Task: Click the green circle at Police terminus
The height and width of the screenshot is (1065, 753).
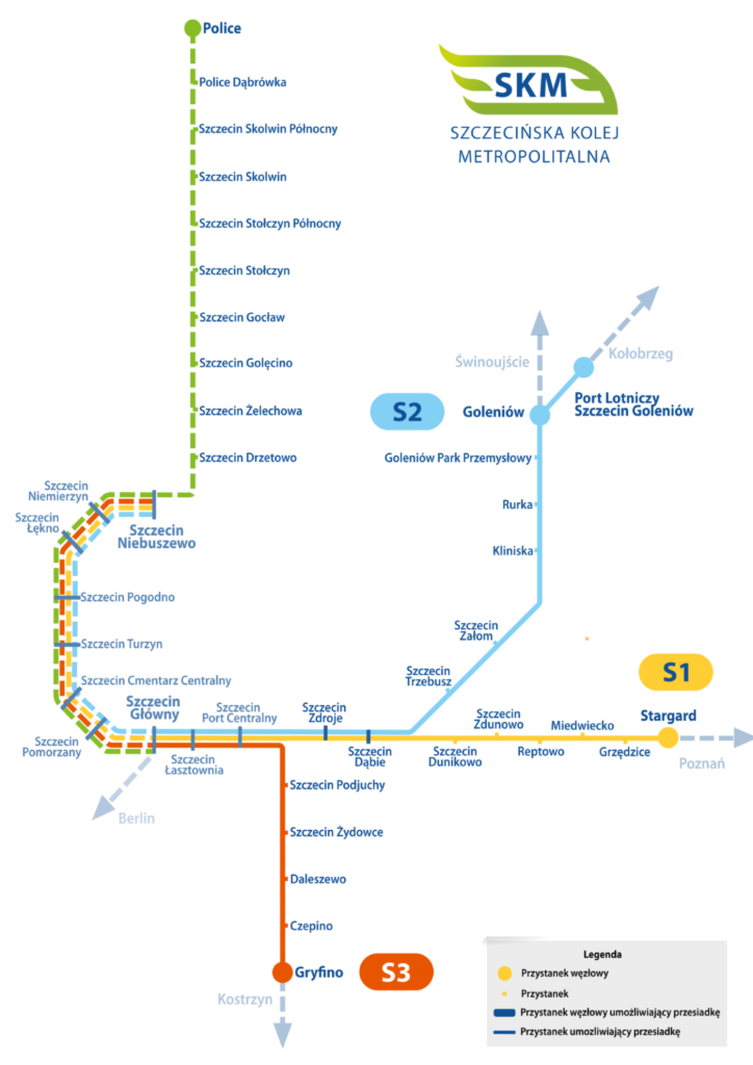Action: tap(193, 28)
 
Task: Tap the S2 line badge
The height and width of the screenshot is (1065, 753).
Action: tap(407, 412)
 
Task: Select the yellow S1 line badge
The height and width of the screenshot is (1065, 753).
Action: tap(676, 672)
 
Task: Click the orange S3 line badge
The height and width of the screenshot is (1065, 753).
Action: tap(396, 972)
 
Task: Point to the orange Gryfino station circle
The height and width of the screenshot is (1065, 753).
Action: tap(282, 972)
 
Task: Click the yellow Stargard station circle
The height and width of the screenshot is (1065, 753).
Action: tap(668, 737)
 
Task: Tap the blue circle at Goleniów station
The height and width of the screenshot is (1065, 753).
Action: tap(539, 415)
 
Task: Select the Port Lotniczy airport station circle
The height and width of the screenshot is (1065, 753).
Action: tap(584, 367)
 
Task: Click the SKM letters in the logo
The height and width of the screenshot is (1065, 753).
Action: tap(530, 86)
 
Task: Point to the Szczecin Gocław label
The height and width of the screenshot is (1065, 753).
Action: tap(242, 317)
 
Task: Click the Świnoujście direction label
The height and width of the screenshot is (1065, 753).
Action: tap(492, 361)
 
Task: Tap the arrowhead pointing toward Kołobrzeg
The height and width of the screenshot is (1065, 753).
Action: tap(648, 297)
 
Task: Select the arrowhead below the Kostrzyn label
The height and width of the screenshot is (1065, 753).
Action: tap(282, 1034)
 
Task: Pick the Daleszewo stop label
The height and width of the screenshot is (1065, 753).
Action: tap(318, 879)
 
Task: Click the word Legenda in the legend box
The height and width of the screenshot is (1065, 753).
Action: tap(602, 954)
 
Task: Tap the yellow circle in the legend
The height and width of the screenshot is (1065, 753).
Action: tap(505, 973)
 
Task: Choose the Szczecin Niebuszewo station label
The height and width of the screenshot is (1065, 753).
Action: tap(157, 537)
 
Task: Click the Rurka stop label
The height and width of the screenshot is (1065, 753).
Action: tap(517, 505)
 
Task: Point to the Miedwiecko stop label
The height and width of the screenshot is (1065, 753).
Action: tap(582, 726)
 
